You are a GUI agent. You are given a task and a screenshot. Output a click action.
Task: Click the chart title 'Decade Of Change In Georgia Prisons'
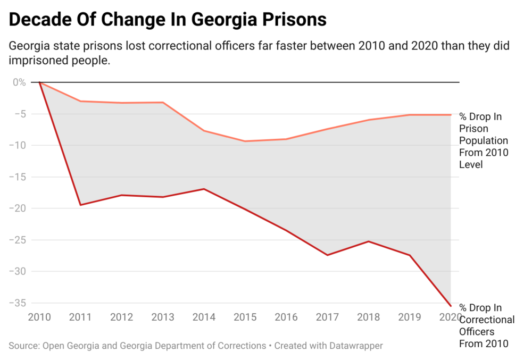tap(168, 20)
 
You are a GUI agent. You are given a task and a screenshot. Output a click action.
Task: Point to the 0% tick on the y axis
tap(19, 82)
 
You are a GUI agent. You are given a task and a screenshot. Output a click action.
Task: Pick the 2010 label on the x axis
tap(39, 317)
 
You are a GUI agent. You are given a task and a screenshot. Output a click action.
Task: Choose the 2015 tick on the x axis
tap(245, 317)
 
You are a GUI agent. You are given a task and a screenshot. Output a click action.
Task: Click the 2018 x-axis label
tap(368, 317)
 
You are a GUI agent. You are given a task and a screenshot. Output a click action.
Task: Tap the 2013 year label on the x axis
tap(163, 317)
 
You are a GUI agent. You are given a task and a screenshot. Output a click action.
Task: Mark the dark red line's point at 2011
tap(80, 205)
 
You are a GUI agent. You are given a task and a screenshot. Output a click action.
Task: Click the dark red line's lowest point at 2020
tap(451, 306)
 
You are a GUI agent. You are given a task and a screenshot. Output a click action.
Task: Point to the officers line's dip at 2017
tap(327, 255)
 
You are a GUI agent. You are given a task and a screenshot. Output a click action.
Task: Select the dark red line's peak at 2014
tap(204, 189)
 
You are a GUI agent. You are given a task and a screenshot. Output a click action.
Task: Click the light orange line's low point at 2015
tap(245, 141)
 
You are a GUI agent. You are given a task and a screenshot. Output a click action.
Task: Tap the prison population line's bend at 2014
tap(204, 130)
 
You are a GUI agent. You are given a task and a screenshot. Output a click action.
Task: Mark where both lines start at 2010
tap(39, 82)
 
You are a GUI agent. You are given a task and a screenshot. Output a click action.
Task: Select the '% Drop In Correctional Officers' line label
tap(486, 325)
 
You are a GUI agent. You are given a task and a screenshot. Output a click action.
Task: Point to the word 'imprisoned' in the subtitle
tap(36, 61)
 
